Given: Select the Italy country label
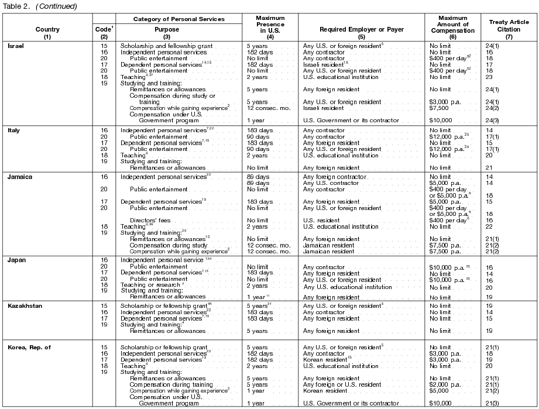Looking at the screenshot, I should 13,130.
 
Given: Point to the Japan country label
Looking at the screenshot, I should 16,259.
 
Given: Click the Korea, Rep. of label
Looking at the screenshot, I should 29,347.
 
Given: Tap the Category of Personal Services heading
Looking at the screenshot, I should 178,19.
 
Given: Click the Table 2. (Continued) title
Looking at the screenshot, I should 39,6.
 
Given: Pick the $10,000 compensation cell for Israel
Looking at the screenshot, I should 441,121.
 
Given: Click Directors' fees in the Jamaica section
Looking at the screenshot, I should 149,220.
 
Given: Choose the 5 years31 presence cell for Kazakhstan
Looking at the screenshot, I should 259,305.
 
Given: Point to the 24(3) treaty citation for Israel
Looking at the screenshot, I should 492,121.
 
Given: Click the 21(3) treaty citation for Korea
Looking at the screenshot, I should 492,403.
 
